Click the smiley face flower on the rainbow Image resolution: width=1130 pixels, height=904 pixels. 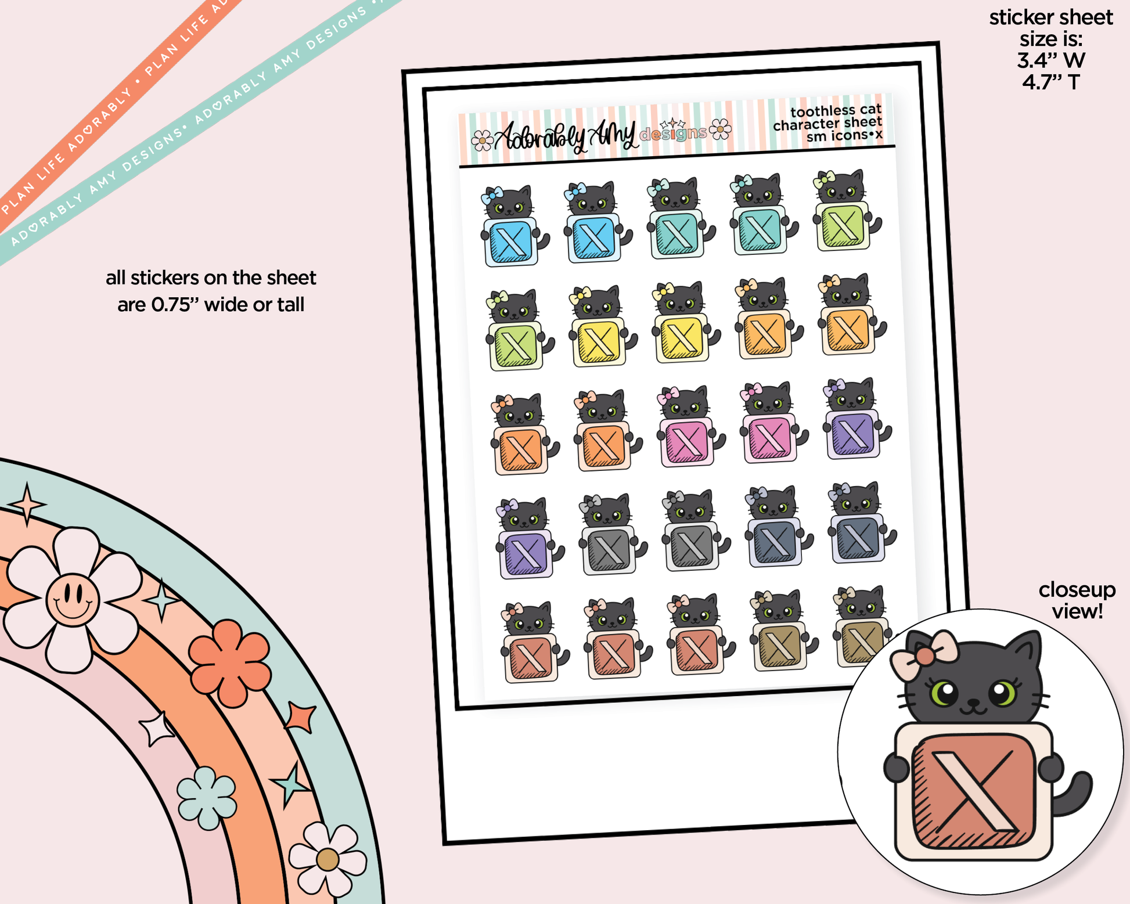coord(73,599)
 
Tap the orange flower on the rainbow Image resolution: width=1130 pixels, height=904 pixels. coord(231,662)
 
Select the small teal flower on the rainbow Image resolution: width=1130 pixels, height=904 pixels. coord(207,798)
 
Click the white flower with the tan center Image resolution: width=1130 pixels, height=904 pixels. coord(328,859)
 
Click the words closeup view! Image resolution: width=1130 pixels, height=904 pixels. coord(1077,600)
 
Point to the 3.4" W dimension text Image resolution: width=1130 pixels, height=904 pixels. coord(1051,60)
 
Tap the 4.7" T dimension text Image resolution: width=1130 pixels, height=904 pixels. coord(1051,82)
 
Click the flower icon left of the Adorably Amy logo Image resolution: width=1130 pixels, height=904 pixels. coord(482,140)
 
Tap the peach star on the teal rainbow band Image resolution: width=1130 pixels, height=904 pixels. coord(27,504)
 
